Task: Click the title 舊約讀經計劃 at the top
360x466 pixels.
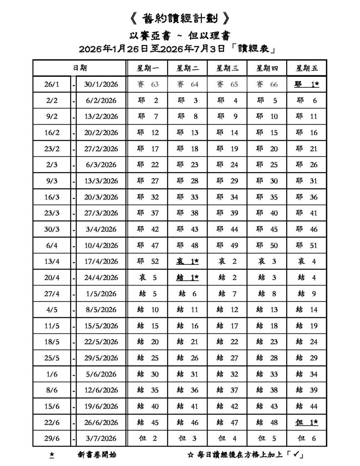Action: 179,19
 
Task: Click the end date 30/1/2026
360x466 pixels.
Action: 101,85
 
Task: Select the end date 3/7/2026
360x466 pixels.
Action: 101,439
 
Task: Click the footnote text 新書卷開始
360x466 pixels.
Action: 97,455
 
